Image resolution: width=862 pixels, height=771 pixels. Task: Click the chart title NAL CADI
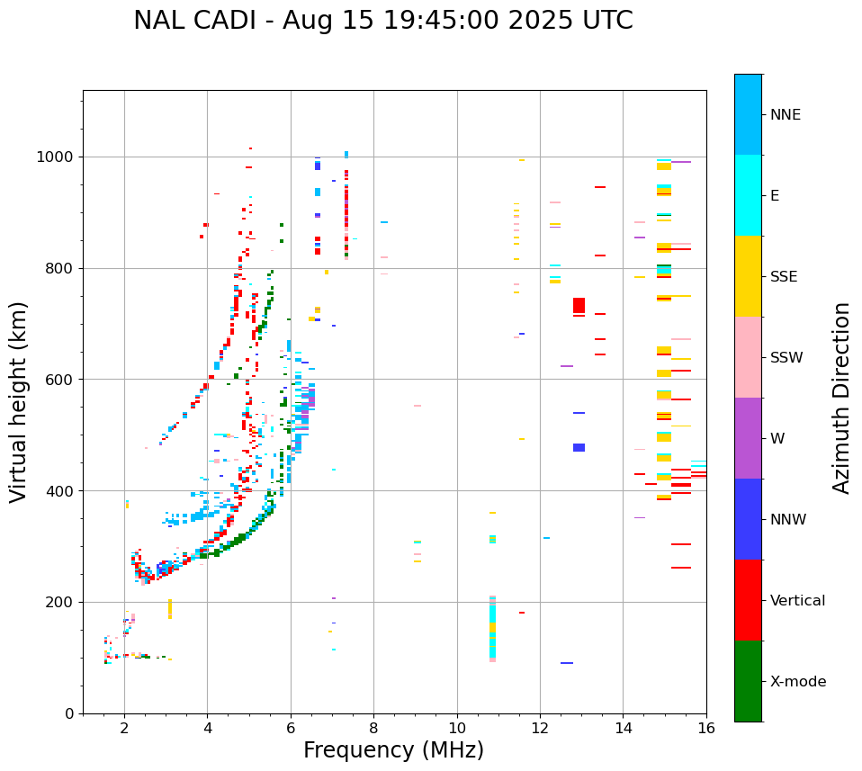click(x=382, y=21)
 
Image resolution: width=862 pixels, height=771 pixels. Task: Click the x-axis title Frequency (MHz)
click(x=393, y=750)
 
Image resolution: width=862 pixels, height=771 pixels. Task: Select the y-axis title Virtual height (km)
click(x=19, y=402)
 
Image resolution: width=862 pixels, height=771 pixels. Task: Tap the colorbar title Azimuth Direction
click(x=841, y=397)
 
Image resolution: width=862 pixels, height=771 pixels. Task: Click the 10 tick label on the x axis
click(x=457, y=729)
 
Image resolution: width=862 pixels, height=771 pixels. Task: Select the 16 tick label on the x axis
click(x=706, y=729)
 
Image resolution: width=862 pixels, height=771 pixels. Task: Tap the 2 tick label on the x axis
click(x=124, y=729)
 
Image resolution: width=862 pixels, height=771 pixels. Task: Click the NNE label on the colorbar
click(x=785, y=115)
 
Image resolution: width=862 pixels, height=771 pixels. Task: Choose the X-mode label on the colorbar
click(x=797, y=682)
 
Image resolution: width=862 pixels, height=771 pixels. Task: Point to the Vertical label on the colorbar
click(x=797, y=601)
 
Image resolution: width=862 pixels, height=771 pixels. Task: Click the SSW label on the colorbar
click(x=786, y=358)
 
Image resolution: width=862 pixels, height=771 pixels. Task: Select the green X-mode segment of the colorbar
click(x=748, y=681)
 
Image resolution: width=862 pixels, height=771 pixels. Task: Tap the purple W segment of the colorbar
click(x=748, y=438)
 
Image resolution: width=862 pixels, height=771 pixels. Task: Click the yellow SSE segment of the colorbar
click(x=748, y=276)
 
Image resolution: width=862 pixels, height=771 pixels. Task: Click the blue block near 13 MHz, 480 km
click(x=579, y=447)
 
